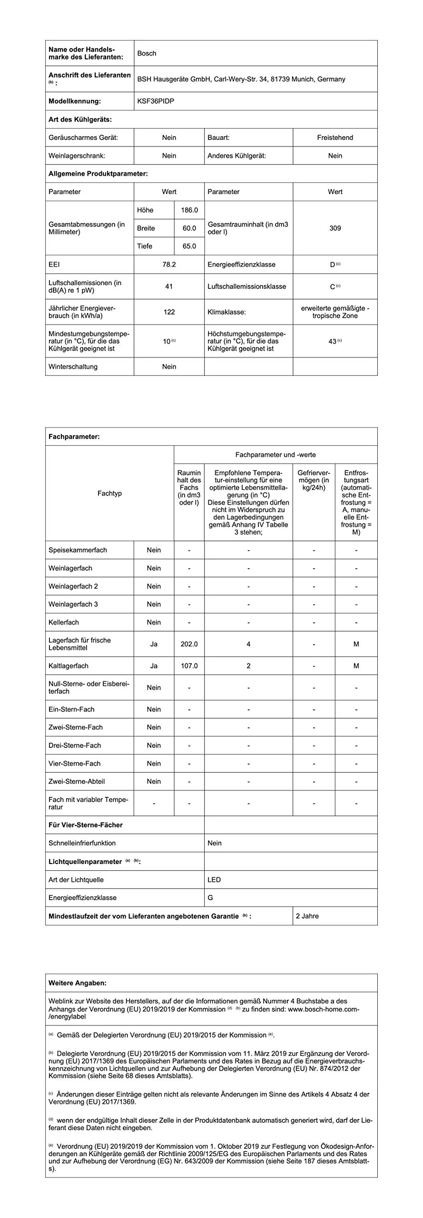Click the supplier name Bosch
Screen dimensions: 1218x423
147,53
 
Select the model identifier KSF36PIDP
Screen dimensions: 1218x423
156,101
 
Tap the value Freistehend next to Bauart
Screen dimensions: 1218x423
335,138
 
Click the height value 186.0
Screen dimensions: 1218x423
189,210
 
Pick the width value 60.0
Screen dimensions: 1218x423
189,228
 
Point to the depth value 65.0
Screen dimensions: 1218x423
189,246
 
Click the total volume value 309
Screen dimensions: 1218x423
335,228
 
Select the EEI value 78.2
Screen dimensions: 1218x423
169,264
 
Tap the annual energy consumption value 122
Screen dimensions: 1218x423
169,312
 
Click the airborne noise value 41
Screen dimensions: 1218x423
169,286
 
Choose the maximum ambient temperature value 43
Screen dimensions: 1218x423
333,341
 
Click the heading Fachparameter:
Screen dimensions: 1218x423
74,436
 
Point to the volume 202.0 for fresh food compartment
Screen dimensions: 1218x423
189,644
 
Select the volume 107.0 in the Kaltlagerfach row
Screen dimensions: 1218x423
189,666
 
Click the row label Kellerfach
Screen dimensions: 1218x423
64,622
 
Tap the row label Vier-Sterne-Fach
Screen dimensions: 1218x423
74,763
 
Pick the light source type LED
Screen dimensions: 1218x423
214,880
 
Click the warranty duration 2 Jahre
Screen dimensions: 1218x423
307,916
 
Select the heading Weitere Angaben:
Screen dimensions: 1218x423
78,982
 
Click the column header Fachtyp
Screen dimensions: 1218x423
109,493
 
